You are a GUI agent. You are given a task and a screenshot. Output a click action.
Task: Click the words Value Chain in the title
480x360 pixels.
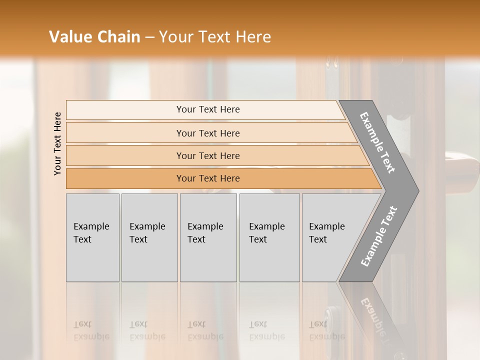pyautogui.click(x=94, y=36)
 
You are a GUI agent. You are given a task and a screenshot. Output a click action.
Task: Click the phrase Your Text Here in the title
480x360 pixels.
pyautogui.click(x=215, y=36)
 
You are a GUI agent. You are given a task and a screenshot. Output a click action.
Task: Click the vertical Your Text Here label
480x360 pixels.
pyautogui.click(x=57, y=143)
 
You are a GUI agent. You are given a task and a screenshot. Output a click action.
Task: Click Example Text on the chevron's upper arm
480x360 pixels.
pyautogui.click(x=377, y=142)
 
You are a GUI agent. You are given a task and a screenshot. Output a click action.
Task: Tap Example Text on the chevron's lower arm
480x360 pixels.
pyautogui.click(x=378, y=236)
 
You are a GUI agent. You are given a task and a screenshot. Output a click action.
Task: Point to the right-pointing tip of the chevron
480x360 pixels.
pyautogui.click(x=416, y=191)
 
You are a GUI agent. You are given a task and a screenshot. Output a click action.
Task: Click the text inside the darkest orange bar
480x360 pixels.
pyautogui.click(x=208, y=178)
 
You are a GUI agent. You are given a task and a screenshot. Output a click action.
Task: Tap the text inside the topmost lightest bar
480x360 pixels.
pyautogui.click(x=208, y=109)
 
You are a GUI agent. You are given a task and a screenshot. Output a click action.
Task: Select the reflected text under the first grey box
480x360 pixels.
pyautogui.click(x=91, y=330)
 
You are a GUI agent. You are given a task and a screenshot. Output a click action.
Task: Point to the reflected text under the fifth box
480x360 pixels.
pyautogui.click(x=326, y=330)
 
